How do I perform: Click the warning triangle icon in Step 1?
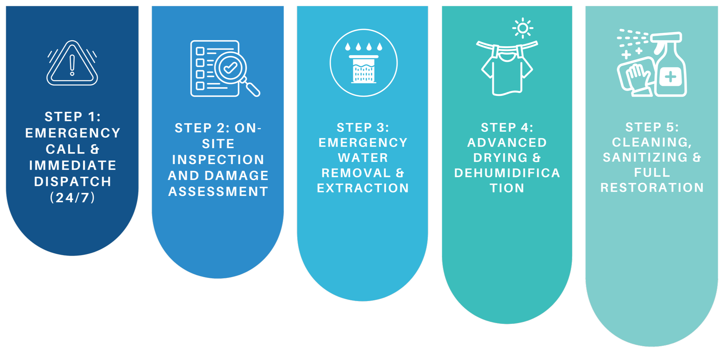point(72,63)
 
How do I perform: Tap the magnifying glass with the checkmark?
point(231,68)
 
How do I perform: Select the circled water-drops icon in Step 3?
point(363,63)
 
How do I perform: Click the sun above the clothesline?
point(523,28)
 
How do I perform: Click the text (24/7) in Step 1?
point(72,197)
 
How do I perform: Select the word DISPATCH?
point(72,181)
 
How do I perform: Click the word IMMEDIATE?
point(72,165)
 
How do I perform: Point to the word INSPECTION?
point(218,160)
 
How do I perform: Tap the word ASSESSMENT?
point(218,191)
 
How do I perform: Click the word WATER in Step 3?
point(363,158)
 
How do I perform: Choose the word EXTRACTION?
point(363,188)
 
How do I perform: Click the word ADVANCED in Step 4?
point(507,143)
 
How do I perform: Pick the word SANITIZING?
point(645,157)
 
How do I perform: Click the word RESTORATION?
point(652,188)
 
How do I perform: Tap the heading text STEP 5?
point(652,127)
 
